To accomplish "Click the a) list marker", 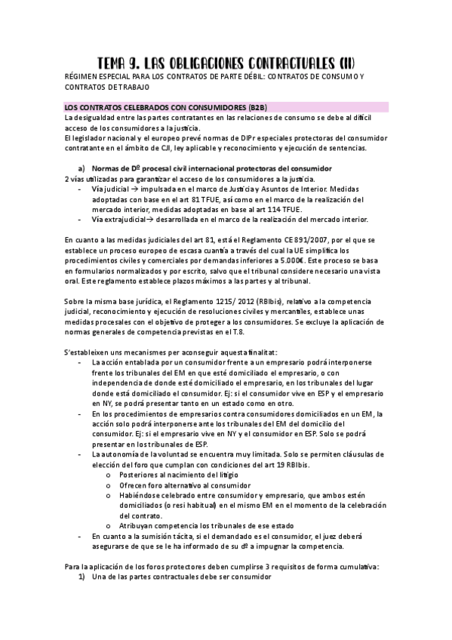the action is [x=81, y=168].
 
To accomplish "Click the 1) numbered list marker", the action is [x=81, y=576].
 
